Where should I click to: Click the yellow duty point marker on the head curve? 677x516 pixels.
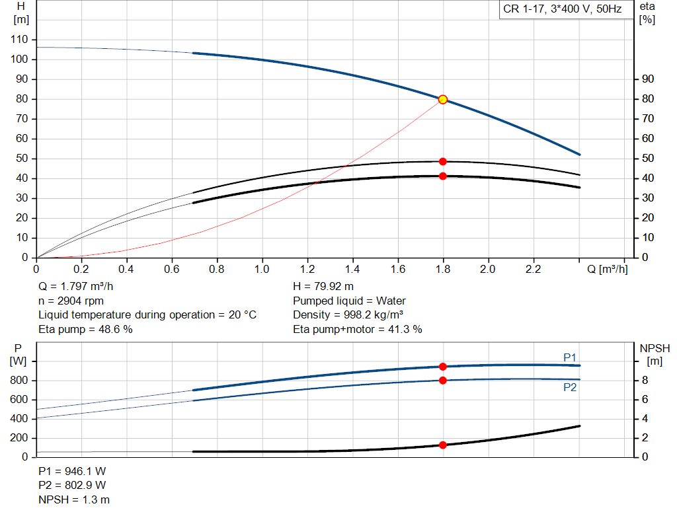443,100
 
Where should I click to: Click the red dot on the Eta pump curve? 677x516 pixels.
443,161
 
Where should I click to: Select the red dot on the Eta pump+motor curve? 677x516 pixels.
443,176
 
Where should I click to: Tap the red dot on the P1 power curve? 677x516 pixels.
443,367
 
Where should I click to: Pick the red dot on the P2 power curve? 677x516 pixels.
443,380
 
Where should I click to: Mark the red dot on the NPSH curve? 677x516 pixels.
443,445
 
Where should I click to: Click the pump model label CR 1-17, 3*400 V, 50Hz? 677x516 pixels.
562,10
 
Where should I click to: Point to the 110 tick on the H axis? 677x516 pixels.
19,40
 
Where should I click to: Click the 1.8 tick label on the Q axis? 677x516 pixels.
443,270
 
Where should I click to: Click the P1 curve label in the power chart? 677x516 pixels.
570,357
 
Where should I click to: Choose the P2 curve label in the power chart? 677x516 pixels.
570,388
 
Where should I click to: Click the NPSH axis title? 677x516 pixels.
655,353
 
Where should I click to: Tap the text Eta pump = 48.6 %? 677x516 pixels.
86,328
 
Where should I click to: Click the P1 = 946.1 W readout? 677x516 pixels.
72,472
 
